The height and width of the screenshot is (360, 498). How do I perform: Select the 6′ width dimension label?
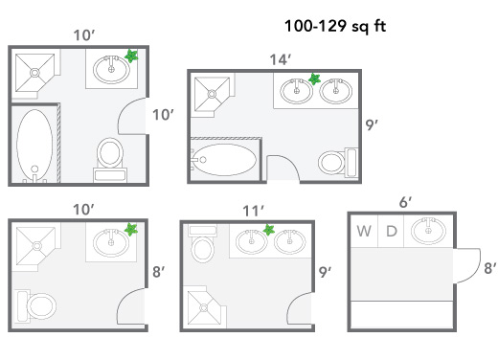(405, 202)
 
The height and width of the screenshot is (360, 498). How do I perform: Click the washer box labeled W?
(365, 231)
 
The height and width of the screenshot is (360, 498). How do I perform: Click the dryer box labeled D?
(391, 231)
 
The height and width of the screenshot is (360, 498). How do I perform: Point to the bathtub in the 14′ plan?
(224, 157)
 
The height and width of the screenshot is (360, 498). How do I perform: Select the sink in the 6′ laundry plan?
(427, 231)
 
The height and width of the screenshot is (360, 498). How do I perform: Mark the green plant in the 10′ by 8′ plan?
(131, 230)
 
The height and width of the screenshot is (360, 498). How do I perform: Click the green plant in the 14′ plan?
(313, 79)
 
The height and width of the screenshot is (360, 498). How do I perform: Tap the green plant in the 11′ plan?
(270, 229)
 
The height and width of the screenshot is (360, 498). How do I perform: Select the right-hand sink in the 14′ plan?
(334, 93)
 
